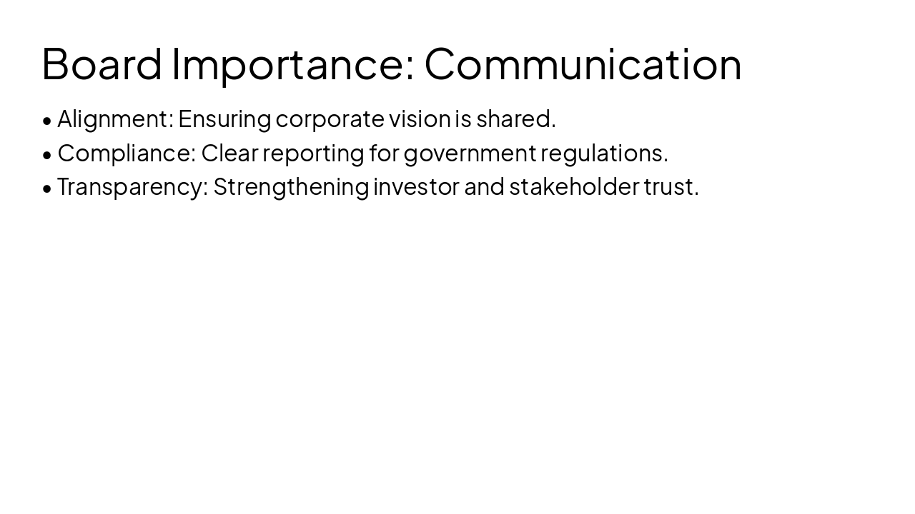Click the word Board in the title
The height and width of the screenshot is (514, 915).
coord(102,64)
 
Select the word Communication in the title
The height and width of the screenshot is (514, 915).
coord(583,64)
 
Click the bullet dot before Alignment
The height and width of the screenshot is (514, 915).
coord(47,121)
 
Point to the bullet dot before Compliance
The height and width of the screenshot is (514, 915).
coord(47,154)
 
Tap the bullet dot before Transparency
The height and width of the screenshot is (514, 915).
coord(47,188)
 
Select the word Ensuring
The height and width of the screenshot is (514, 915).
coord(224,119)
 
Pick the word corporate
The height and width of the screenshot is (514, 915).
coord(330,119)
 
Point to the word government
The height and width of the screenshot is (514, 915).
coord(470,153)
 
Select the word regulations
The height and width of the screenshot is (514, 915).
coord(604,153)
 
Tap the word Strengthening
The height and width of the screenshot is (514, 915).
coord(291,186)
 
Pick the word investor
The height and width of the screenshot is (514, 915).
coord(416,186)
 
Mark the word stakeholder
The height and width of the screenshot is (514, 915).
coord(573,186)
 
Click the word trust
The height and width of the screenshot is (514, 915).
coord(671,186)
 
